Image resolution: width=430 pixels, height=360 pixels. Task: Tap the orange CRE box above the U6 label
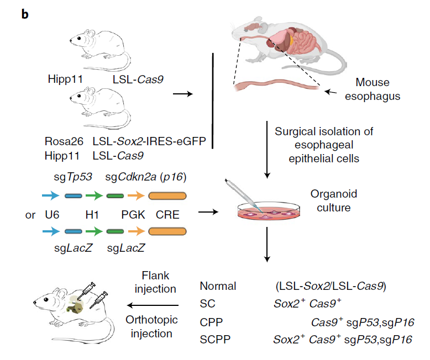[168, 195]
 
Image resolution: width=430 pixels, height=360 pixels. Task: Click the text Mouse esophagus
[372, 89]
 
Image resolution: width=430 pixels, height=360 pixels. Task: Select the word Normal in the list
[218, 287]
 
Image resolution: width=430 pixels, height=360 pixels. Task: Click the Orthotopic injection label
[153, 326]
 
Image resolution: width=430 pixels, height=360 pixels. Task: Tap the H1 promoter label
[92, 214]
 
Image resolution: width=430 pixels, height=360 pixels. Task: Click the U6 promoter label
[52, 214]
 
